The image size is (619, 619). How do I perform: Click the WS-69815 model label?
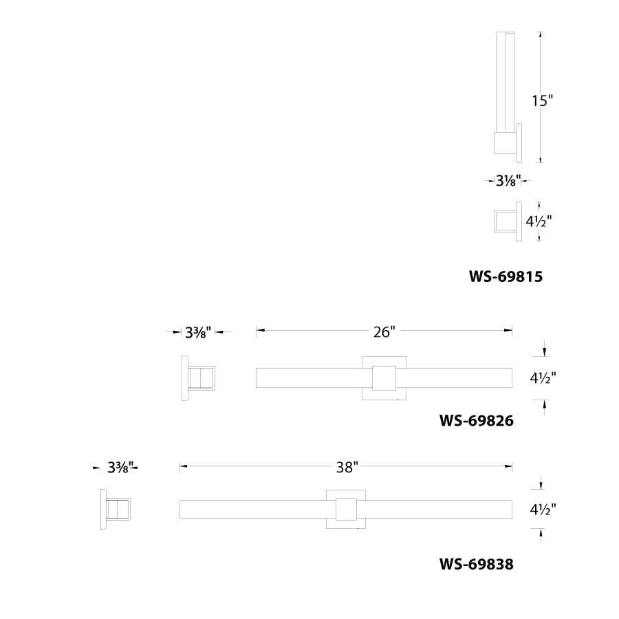[506, 277]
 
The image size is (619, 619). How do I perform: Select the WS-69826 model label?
[477, 419]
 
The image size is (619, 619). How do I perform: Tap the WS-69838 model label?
[477, 565]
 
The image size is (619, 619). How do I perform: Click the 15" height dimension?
[542, 100]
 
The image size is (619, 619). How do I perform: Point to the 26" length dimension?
[384, 332]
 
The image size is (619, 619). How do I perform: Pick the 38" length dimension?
[347, 468]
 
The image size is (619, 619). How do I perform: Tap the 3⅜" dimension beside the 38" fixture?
[122, 468]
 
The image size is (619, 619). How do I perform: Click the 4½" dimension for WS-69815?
[539, 221]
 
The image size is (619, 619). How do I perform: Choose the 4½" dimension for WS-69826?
[543, 378]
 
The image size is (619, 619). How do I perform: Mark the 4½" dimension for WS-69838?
[543, 510]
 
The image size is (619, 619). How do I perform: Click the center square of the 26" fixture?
[384, 378]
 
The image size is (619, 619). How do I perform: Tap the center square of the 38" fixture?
[345, 509]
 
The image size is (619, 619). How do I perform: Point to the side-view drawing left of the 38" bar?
[117, 509]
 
